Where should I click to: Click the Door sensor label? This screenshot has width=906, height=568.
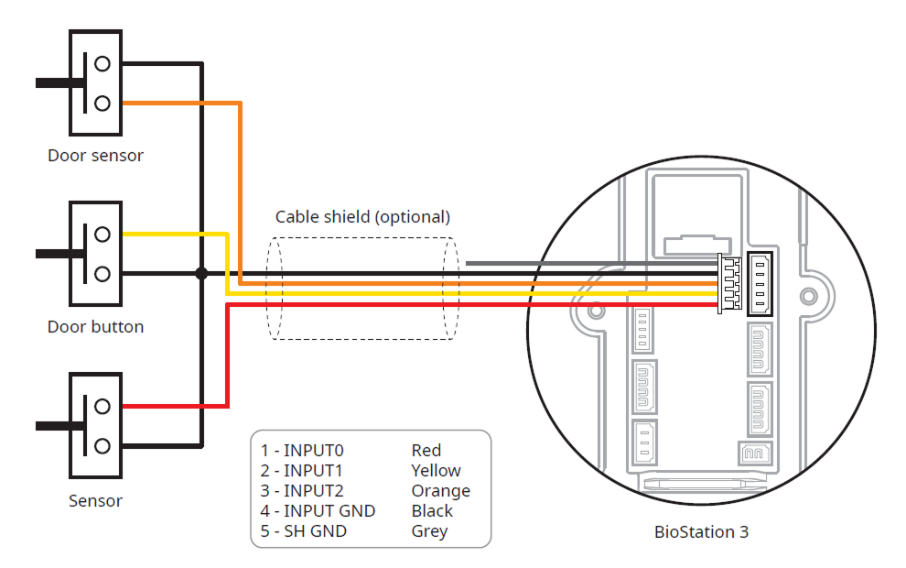click(x=95, y=156)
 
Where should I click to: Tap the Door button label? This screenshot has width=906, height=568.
click(x=95, y=327)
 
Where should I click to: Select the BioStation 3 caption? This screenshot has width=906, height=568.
click(x=701, y=531)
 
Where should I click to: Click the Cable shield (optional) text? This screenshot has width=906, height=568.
click(x=363, y=217)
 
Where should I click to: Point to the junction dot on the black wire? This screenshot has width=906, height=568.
click(x=201, y=273)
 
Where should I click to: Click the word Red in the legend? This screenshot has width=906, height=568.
click(x=426, y=451)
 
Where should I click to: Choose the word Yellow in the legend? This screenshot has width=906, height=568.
click(x=436, y=471)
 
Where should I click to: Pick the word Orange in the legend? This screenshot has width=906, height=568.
click(x=440, y=491)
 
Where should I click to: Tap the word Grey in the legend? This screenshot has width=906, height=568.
click(x=429, y=531)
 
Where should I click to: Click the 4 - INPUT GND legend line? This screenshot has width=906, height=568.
click(x=318, y=511)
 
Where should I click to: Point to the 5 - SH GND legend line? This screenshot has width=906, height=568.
click(x=304, y=531)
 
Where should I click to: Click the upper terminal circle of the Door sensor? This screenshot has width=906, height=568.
click(x=102, y=63)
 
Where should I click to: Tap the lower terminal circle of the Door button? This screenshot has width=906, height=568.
click(x=102, y=273)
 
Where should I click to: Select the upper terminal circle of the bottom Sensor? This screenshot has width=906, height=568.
click(x=102, y=406)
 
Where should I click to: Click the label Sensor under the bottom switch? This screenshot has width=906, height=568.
click(x=95, y=501)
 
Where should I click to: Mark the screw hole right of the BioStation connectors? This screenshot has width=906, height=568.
click(x=808, y=296)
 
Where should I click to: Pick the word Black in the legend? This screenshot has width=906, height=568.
click(x=432, y=511)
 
